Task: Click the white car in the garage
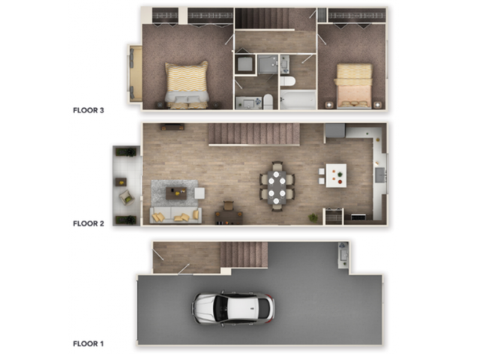click(233, 307)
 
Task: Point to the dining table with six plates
click(277, 185)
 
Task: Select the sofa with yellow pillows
click(175, 216)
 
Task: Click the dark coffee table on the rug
click(177, 193)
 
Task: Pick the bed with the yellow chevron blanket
click(187, 84)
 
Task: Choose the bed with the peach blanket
click(353, 85)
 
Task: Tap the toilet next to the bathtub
click(288, 80)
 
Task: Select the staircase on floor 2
click(253, 134)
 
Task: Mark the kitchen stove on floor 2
click(333, 216)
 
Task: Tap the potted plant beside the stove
click(313, 217)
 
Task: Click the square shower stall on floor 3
click(244, 64)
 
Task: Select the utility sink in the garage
click(343, 254)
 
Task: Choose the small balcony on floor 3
click(136, 73)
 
